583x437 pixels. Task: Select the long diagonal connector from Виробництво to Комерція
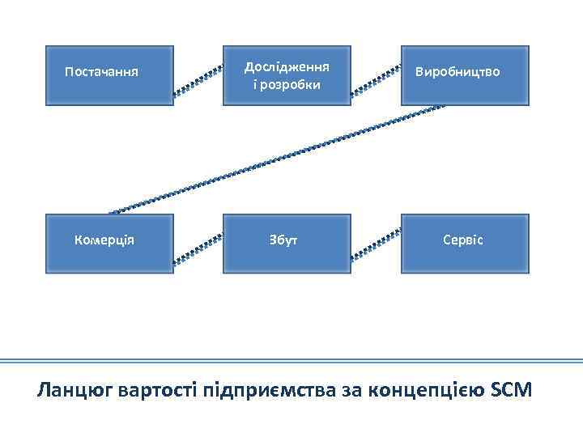coord(275,158)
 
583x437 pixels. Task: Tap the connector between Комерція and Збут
coord(198,249)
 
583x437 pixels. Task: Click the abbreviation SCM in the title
coord(512,390)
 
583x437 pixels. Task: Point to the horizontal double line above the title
coord(291,361)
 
